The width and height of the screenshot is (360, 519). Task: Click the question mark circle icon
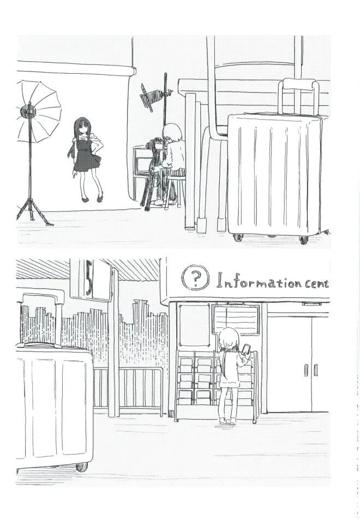195,277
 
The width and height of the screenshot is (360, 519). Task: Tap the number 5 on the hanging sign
88,277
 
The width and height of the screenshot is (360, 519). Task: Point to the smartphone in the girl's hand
247,349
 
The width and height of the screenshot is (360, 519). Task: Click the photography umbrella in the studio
38,111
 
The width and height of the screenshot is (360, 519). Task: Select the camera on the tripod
155,145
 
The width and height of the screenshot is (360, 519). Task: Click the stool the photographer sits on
175,190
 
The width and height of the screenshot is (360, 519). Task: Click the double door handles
311,370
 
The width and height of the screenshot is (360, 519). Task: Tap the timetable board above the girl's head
236,319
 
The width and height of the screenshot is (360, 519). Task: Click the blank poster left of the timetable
194,325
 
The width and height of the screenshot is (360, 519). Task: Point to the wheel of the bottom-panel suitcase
82,467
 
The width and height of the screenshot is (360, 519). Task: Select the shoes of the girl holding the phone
228,421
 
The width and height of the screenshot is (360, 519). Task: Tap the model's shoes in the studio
93,199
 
